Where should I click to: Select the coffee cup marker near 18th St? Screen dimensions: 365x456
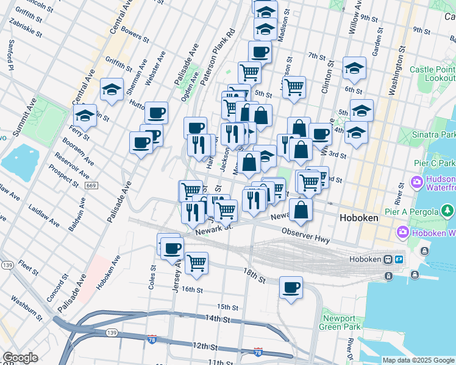point(291,287)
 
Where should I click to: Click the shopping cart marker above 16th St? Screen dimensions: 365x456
point(196,263)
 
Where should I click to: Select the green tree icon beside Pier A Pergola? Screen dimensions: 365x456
point(448,211)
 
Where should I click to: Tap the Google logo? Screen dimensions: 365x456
point(20,358)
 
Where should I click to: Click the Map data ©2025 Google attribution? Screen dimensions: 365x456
point(418,360)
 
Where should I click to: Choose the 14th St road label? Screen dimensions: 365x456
point(217,318)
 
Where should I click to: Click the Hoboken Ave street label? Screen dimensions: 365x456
point(109,273)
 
